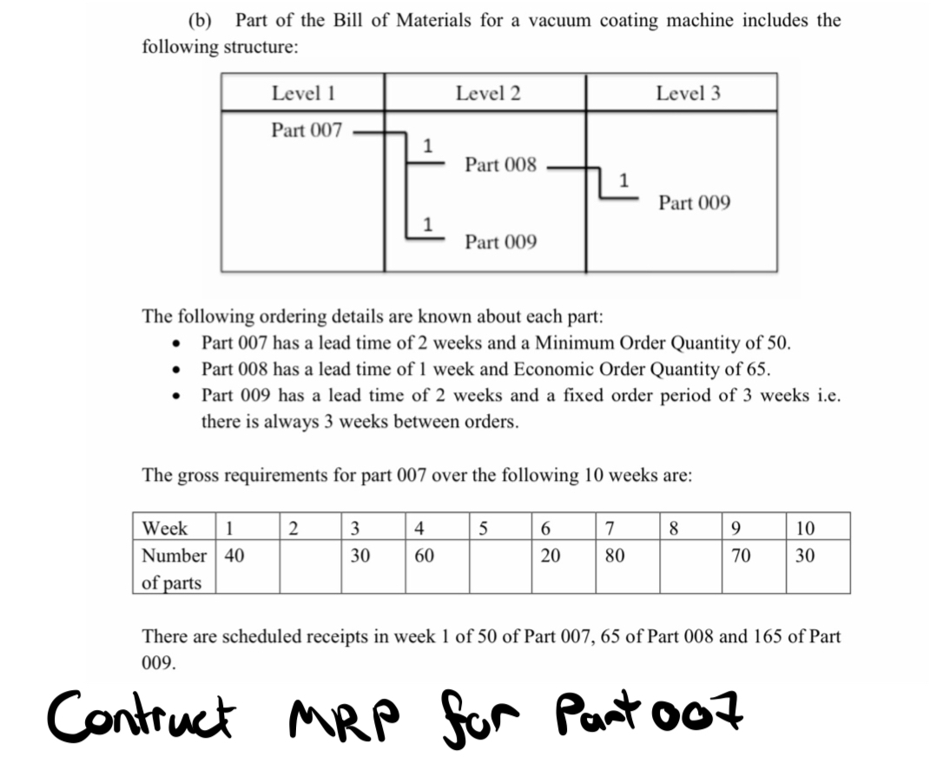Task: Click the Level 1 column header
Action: coord(303,93)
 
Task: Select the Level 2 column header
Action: coord(488,93)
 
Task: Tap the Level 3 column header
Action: coord(688,93)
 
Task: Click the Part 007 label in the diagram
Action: coord(307,131)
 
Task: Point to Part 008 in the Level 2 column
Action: coord(500,164)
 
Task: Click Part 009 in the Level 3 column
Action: coord(694,203)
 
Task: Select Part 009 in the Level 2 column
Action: coord(500,241)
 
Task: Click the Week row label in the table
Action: coord(164,528)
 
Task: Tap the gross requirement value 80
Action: coord(615,556)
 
